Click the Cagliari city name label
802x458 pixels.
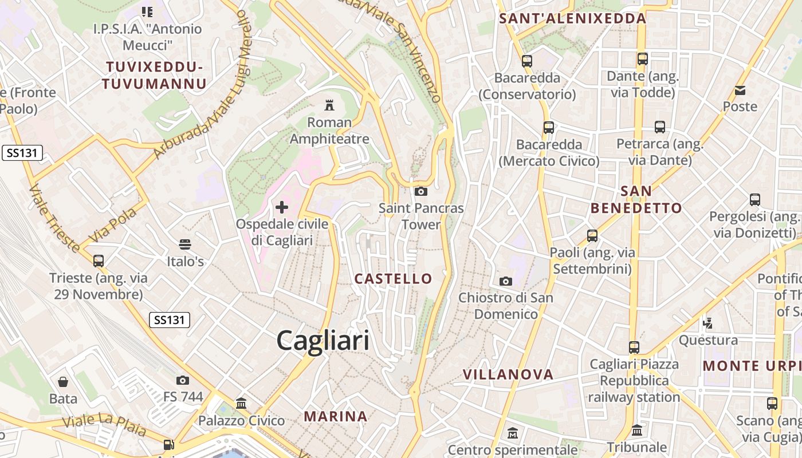(323, 341)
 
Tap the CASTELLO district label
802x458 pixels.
(393, 279)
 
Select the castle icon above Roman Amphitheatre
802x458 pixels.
(329, 105)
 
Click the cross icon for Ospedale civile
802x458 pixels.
(282, 207)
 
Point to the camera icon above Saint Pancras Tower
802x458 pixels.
(421, 191)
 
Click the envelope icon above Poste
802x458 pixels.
(740, 90)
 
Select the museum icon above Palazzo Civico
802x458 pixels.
(241, 404)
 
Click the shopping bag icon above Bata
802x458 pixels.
(63, 381)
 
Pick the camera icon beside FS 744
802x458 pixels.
(183, 380)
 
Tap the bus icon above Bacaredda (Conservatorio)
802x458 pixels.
(527, 61)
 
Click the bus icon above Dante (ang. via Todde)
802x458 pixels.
(642, 59)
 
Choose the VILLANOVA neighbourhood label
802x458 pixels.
(508, 374)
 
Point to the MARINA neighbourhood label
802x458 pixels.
(335, 416)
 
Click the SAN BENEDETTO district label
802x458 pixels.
(636, 199)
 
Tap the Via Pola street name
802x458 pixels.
(113, 225)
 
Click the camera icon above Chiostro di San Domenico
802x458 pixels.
(505, 281)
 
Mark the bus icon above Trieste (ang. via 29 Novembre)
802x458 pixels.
(99, 261)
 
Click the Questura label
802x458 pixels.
(708, 341)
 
